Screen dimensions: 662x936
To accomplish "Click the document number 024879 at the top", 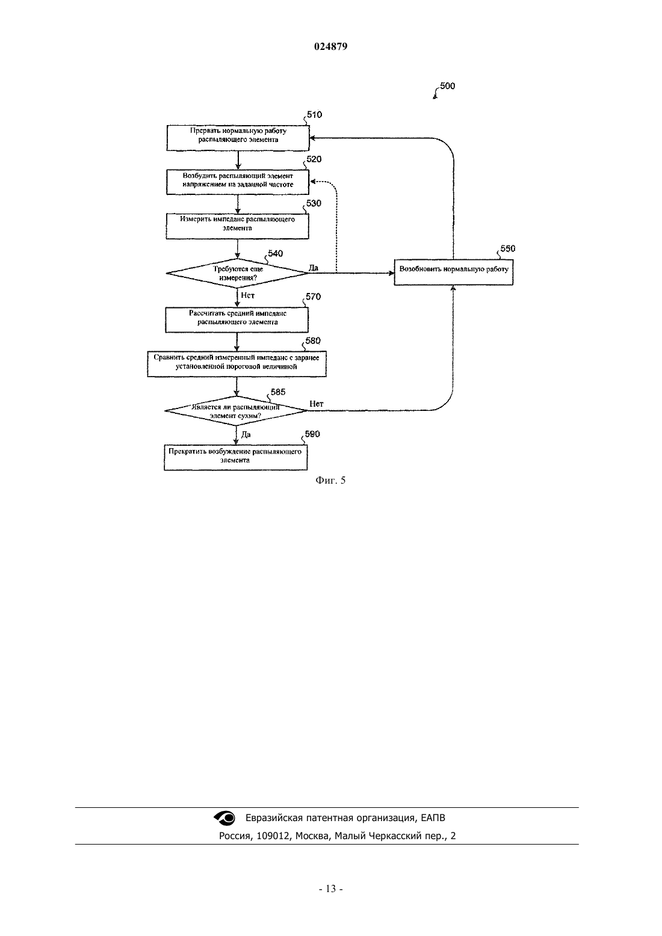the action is [330, 46].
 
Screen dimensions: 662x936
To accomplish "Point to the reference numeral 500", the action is [447, 85].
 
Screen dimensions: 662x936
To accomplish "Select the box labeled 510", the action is [238, 138].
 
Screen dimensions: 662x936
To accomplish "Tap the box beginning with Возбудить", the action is [237, 182].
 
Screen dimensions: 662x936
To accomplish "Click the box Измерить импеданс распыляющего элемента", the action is [237, 226].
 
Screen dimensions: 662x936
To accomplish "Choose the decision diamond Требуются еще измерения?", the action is [237, 273].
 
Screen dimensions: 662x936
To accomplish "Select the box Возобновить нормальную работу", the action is [453, 272].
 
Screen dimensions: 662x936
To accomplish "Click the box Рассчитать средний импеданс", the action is [237, 320].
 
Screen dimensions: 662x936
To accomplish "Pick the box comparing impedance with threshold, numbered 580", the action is [237, 364].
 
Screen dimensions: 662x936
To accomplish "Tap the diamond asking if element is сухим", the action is [236, 411].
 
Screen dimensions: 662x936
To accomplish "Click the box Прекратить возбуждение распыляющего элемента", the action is [235, 458].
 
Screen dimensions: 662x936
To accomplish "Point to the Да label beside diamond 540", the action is [314, 268].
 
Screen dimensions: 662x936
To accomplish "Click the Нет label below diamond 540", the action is [248, 295].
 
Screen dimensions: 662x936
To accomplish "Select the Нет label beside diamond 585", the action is [317, 404].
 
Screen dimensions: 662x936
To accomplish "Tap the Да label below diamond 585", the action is [246, 434].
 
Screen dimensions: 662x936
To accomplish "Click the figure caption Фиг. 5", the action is [330, 480].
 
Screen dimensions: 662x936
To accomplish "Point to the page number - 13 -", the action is [330, 888].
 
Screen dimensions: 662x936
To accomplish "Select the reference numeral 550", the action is [508, 248].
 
